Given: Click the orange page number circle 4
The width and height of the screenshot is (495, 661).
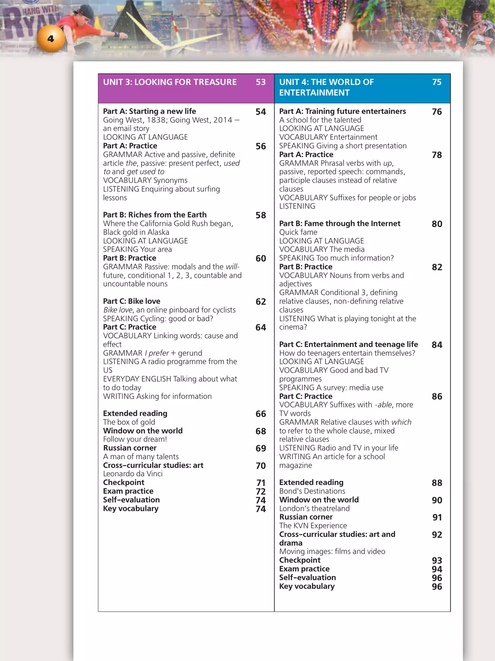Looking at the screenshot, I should coord(51,39).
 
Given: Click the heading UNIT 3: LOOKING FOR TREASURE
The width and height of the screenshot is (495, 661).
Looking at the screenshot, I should coord(170,82).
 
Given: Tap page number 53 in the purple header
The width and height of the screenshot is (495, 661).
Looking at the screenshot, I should coord(261,82).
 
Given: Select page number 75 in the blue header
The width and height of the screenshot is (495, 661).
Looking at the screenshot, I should coord(437,82).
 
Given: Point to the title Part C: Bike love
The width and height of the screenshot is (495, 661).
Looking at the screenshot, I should coord(132,301).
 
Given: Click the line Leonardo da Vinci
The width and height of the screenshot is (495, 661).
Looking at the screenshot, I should coord(133,474).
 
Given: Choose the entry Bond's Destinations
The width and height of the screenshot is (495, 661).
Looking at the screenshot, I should coord(312,491).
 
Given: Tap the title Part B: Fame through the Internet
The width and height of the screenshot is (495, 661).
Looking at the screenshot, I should coord(339,223).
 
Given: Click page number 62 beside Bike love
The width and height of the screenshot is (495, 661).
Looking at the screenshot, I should coord(261,302).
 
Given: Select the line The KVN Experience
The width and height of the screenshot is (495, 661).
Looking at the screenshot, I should coord(313,526).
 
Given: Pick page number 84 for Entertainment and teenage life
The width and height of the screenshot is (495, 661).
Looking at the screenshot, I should coord(437,345).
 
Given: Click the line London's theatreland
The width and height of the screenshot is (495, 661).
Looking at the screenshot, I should coord(314,509).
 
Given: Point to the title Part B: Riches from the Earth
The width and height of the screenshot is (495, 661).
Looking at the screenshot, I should coord(155,215).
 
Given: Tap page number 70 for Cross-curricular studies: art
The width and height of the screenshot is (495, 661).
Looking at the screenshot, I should coord(261,466).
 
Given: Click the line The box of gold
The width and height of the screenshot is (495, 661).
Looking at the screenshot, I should coord(129,422).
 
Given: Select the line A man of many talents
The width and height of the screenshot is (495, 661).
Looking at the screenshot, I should coord(141,457).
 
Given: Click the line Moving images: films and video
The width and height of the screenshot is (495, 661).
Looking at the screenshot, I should coord(332,551).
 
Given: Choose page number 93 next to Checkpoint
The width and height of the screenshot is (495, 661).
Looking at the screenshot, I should coord(437,560).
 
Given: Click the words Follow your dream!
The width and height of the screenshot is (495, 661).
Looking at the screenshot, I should coord(135,439).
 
